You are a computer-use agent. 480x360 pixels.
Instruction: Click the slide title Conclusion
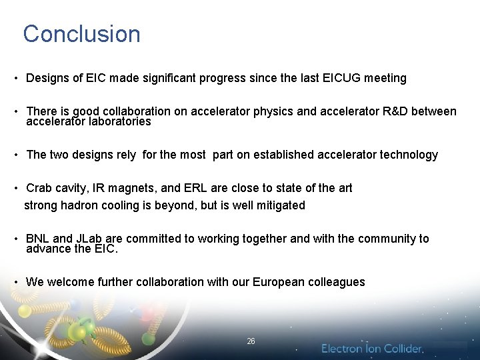(81, 34)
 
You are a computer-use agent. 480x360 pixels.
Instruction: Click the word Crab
(38, 188)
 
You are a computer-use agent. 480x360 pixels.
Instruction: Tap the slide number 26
(251, 341)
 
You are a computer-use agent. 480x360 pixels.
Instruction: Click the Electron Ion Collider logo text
(372, 349)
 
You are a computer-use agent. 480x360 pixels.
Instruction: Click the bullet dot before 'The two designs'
(15, 155)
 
